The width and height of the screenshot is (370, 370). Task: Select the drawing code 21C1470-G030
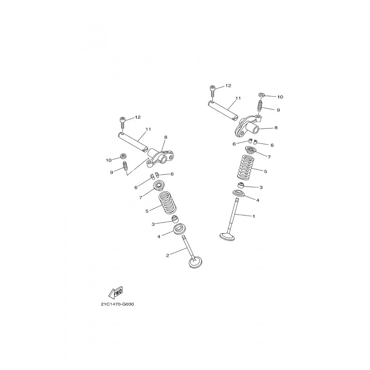pyautogui.click(x=117, y=304)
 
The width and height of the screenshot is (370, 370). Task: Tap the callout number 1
pyautogui.click(x=253, y=216)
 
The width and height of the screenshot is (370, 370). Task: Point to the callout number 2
pyautogui.click(x=167, y=255)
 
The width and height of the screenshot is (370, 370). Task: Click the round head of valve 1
pyautogui.click(x=227, y=237)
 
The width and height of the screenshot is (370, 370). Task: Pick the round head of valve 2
pyautogui.click(x=196, y=263)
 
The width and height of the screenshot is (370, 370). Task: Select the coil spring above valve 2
pyautogui.click(x=167, y=202)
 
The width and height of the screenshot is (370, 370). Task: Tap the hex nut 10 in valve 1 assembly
pyautogui.click(x=261, y=95)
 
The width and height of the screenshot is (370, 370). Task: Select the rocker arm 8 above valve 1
pyautogui.click(x=247, y=126)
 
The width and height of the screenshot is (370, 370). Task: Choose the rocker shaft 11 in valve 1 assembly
pyautogui.click(x=223, y=111)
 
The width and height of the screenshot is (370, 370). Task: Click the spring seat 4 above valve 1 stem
pyautogui.click(x=240, y=193)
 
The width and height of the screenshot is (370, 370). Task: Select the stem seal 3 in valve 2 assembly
pyautogui.click(x=175, y=219)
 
